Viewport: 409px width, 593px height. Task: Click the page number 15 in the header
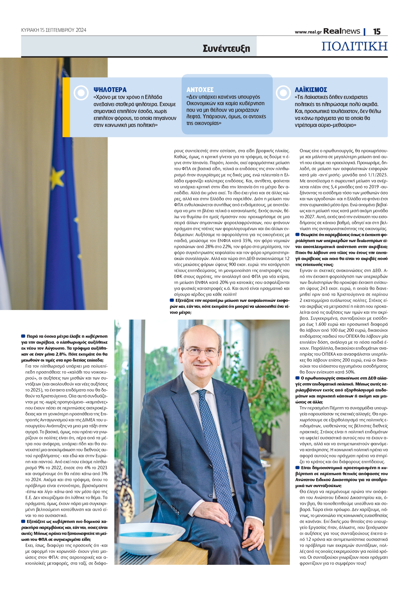click(x=377, y=31)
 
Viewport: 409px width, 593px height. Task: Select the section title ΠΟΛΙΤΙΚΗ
click(x=354, y=46)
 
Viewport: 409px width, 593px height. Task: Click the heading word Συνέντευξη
click(x=226, y=48)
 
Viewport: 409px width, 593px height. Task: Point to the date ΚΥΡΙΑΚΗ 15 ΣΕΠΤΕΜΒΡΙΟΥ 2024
click(x=53, y=30)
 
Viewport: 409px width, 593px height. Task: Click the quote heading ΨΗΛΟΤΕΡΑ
click(x=110, y=90)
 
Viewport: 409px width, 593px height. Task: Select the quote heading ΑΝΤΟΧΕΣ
click(x=200, y=90)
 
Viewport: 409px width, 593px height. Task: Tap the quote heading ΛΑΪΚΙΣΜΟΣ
click(x=311, y=90)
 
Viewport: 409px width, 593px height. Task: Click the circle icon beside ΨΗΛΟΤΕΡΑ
click(x=81, y=92)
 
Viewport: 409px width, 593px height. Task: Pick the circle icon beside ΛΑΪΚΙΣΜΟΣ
click(x=283, y=92)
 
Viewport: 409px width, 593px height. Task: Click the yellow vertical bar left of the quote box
click(x=66, y=107)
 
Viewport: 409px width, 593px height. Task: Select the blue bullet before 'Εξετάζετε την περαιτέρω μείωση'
click(x=172, y=300)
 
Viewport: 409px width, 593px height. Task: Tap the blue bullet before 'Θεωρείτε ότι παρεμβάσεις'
click(x=297, y=234)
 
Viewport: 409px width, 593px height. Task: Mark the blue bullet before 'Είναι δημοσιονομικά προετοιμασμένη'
click(x=297, y=468)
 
